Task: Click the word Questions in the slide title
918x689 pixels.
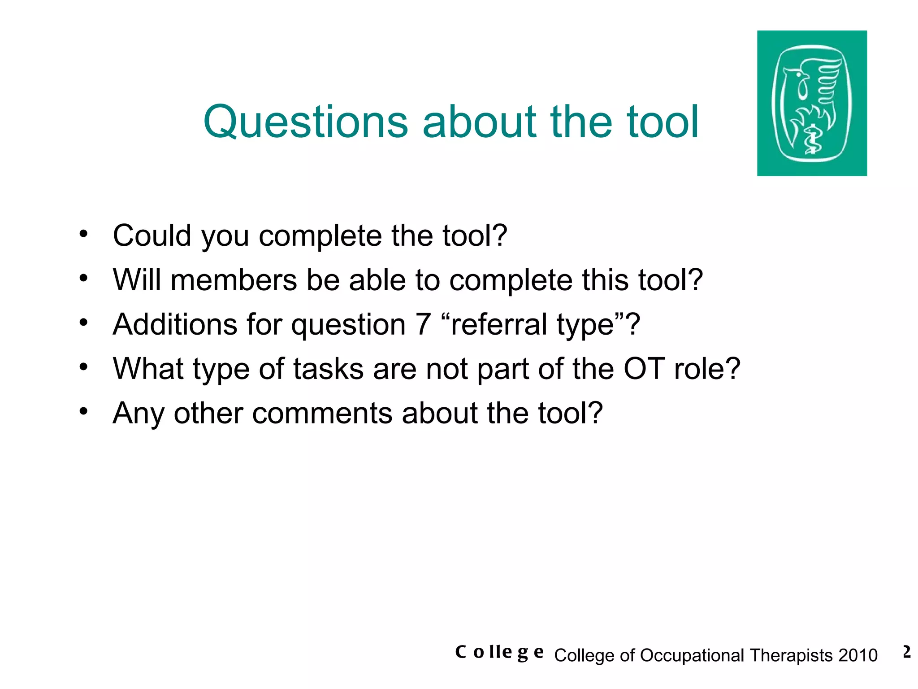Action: click(305, 122)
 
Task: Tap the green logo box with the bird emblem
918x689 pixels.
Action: click(811, 103)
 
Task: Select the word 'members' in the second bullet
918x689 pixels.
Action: click(234, 280)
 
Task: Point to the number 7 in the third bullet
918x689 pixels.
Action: click(423, 324)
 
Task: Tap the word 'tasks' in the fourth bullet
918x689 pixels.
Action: click(329, 369)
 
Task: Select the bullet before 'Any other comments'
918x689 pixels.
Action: click(83, 411)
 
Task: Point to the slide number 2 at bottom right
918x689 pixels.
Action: click(906, 652)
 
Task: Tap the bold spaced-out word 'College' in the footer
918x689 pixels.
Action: click(499, 652)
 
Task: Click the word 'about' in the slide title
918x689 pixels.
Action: click(479, 122)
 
